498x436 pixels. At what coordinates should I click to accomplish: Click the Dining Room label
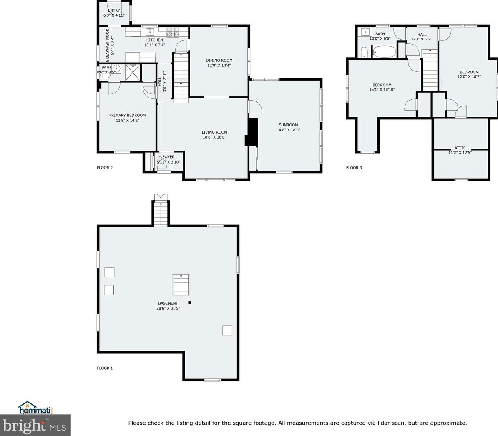(x=219, y=60)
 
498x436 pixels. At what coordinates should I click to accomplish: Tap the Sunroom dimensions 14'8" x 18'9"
(x=288, y=130)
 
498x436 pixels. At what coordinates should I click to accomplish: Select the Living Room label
(x=214, y=132)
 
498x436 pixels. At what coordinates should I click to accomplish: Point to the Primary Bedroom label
(x=127, y=115)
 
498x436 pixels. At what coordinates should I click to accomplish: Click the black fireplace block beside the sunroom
(x=252, y=132)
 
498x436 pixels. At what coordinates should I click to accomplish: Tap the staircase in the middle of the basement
(x=181, y=285)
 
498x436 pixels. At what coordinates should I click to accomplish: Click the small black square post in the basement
(x=190, y=302)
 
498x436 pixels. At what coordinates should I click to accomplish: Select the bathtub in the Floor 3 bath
(x=384, y=51)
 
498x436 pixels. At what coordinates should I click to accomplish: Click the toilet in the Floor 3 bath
(x=364, y=53)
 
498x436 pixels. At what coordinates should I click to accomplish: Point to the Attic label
(x=460, y=148)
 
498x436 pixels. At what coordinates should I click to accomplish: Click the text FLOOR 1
(x=105, y=368)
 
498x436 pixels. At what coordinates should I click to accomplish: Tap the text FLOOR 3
(x=354, y=167)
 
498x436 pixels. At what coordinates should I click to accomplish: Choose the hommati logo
(x=35, y=408)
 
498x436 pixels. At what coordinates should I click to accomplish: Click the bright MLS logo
(x=35, y=425)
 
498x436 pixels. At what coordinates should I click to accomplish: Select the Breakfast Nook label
(x=107, y=45)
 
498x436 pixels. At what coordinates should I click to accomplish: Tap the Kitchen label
(x=155, y=40)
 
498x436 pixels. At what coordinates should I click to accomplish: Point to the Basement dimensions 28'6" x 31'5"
(x=168, y=308)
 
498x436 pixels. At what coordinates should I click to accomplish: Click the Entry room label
(x=114, y=10)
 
